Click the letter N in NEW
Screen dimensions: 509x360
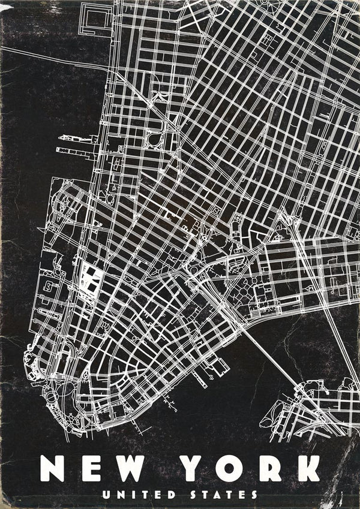53,468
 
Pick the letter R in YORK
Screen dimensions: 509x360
268,468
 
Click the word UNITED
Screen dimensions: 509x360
139,495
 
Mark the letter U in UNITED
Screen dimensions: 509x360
106,495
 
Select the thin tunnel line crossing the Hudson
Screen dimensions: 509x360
54,58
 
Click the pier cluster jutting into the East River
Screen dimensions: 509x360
207,371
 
